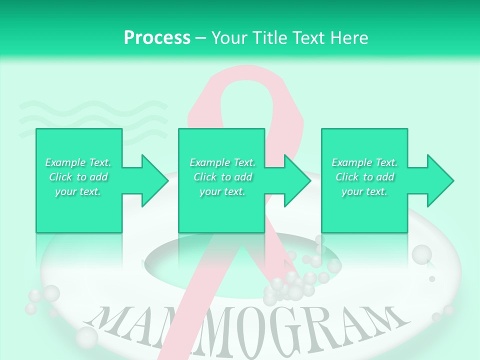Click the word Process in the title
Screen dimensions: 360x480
(x=157, y=38)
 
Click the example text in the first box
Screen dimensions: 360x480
(x=78, y=177)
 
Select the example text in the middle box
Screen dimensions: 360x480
(x=222, y=177)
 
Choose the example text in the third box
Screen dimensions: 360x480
(x=365, y=177)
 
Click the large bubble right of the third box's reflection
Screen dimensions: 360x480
(x=421, y=254)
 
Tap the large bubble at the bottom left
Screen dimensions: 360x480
(x=87, y=337)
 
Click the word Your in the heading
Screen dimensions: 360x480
(x=229, y=38)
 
